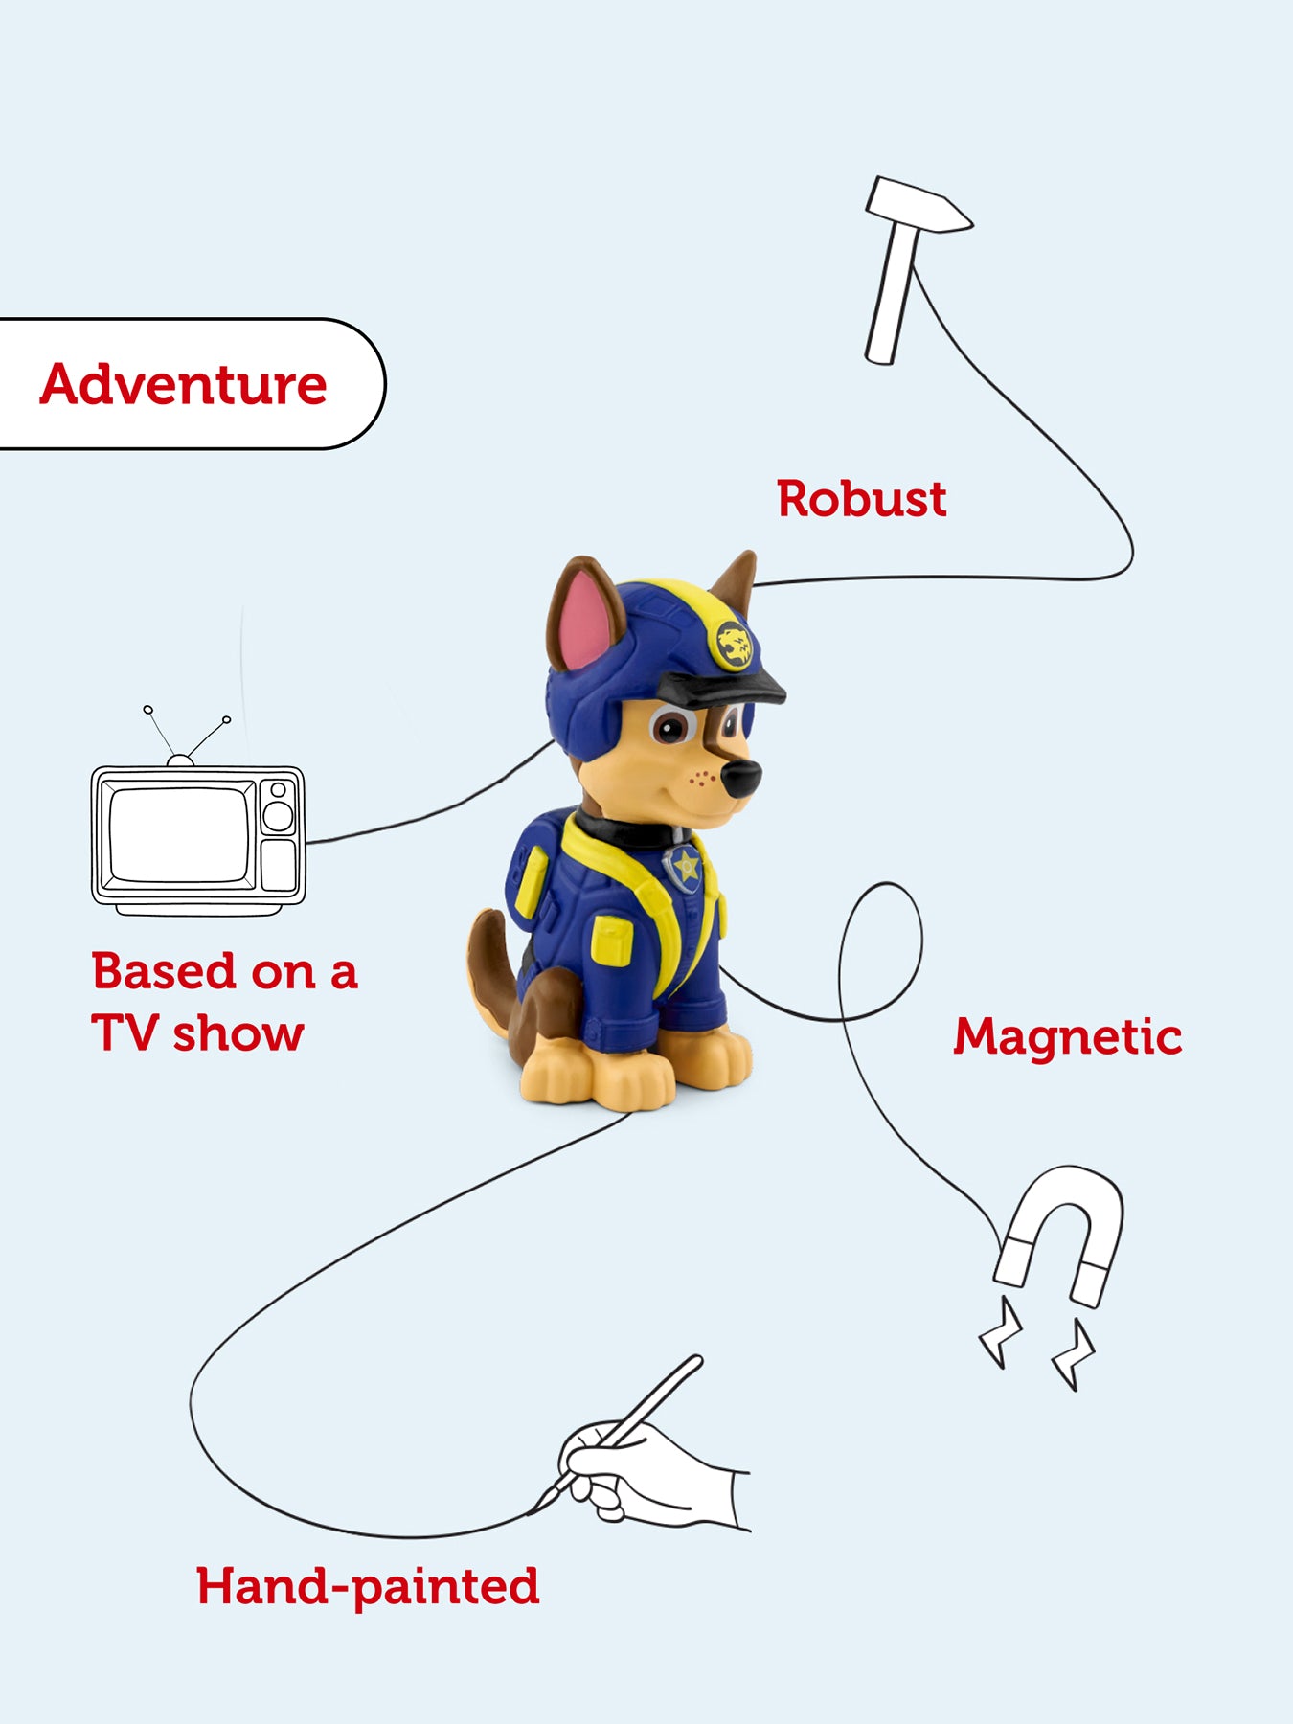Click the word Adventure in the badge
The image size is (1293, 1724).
[x=183, y=385]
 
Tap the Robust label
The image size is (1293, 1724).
[x=861, y=499]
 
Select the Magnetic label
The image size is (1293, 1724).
[x=1067, y=1036]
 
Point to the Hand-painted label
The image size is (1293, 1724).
[x=368, y=1587]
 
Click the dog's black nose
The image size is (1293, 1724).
[x=741, y=777]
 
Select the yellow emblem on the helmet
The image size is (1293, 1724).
[x=733, y=645]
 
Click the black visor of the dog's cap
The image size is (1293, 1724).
[x=723, y=688]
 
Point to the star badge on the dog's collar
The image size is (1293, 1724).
[x=686, y=867]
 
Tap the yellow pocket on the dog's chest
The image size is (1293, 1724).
[x=611, y=939]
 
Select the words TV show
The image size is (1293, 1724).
[x=197, y=1034]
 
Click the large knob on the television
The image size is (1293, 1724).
[x=278, y=816]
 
